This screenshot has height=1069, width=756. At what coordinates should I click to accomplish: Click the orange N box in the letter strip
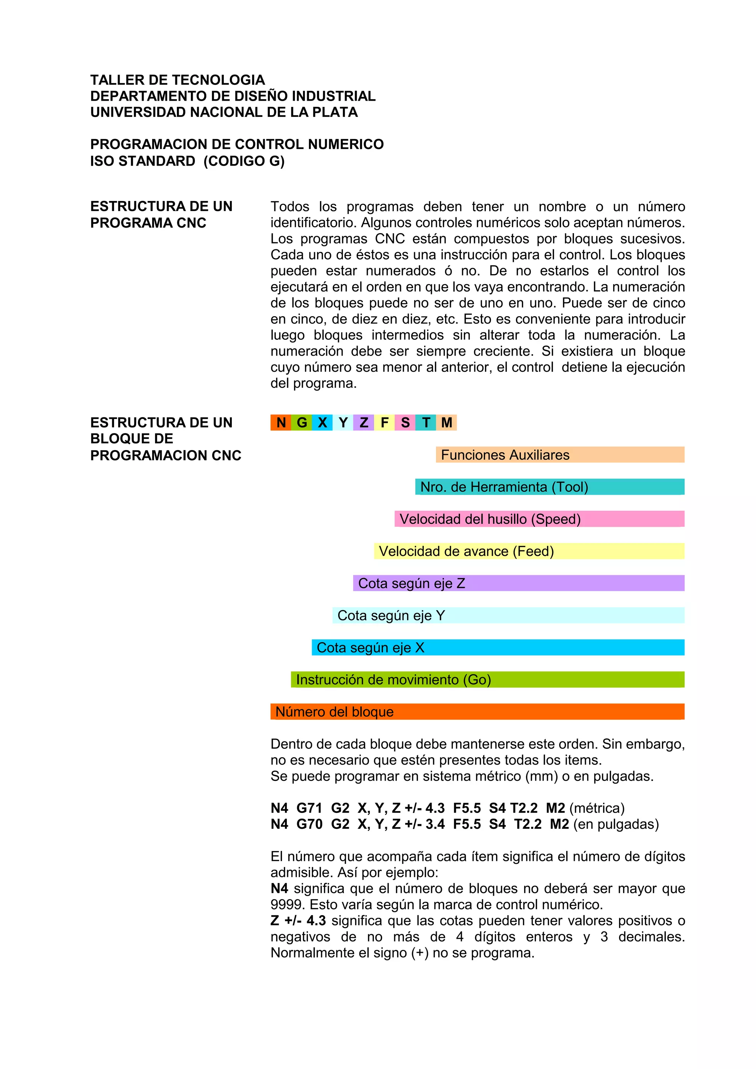[x=281, y=422]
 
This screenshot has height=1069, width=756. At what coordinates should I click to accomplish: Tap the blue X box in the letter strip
[x=322, y=422]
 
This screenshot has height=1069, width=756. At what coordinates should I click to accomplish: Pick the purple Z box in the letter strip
[x=364, y=422]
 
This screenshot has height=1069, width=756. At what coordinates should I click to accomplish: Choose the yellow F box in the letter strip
[x=384, y=422]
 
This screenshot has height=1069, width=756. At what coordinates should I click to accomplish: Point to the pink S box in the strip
[x=405, y=422]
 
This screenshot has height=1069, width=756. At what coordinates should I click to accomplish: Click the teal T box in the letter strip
[x=426, y=422]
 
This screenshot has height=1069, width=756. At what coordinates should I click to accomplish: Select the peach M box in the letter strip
[x=447, y=422]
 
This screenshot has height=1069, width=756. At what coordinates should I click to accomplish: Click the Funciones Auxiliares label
[x=505, y=455]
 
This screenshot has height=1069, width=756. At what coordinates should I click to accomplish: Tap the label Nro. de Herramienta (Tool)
[x=504, y=487]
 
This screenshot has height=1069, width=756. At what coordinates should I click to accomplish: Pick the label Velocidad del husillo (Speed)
[x=490, y=519]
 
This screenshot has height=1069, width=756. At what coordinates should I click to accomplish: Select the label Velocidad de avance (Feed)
[x=466, y=551]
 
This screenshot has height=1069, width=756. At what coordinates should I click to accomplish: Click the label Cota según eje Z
[x=412, y=584]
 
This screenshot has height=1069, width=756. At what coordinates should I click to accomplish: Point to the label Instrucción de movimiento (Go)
[x=394, y=680]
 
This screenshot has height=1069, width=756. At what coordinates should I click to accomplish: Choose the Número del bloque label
[x=334, y=712]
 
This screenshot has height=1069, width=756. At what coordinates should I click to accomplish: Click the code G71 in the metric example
[x=309, y=808]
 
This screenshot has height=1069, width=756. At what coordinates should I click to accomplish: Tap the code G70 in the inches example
[x=309, y=824]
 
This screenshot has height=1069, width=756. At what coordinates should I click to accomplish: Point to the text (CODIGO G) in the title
[x=244, y=161]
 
